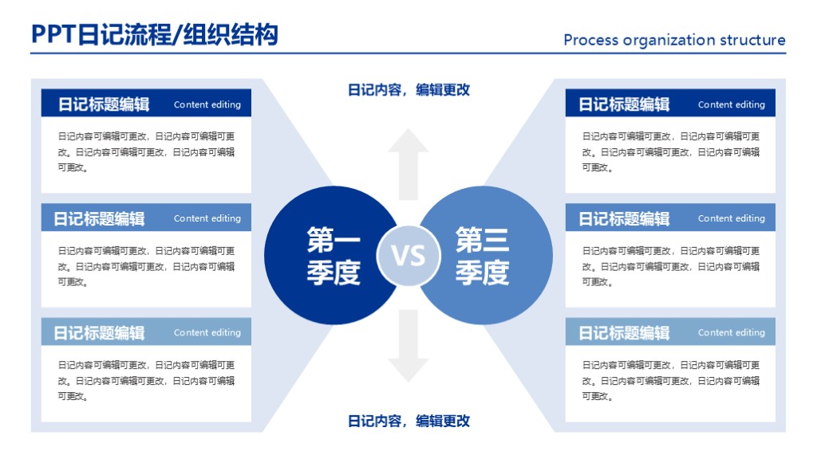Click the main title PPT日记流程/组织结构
(x=155, y=35)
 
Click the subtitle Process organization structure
(x=674, y=40)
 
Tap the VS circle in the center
(x=408, y=256)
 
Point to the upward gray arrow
(x=408, y=163)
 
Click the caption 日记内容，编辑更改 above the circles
(x=408, y=90)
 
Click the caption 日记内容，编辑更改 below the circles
(x=408, y=421)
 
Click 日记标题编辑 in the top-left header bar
(x=103, y=104)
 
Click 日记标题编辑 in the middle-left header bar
(x=99, y=218)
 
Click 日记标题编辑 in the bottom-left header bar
(x=99, y=333)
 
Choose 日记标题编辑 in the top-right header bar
(x=624, y=104)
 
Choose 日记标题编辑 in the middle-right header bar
(x=624, y=218)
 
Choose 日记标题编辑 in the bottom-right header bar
(x=624, y=333)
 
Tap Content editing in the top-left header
(x=207, y=104)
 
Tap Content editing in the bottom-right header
(x=731, y=333)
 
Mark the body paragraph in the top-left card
(x=146, y=151)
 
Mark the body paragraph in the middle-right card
(x=670, y=266)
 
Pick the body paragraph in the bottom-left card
(x=146, y=381)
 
